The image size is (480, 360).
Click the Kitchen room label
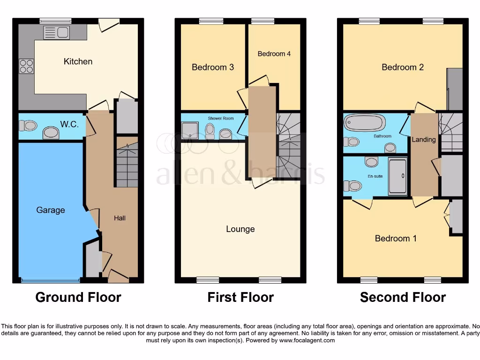click(x=78, y=61)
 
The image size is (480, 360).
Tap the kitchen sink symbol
click(x=56, y=32)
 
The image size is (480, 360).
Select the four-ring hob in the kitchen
click(x=26, y=66)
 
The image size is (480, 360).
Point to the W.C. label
click(x=69, y=125)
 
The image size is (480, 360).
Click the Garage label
click(x=51, y=210)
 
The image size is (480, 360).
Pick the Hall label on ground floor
click(x=120, y=218)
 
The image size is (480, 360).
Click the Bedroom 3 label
click(x=213, y=67)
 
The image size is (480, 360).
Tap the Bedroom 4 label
click(x=274, y=54)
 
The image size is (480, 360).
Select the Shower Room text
click(x=221, y=119)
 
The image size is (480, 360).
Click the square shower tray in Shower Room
click(x=190, y=132)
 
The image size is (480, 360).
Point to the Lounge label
click(x=240, y=229)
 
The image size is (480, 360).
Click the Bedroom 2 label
click(x=403, y=67)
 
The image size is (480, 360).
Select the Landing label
click(x=424, y=139)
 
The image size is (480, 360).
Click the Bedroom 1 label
click(x=396, y=238)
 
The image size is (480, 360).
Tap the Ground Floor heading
click(x=78, y=297)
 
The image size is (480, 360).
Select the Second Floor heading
click(x=403, y=297)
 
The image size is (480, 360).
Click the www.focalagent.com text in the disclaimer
click(x=307, y=340)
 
